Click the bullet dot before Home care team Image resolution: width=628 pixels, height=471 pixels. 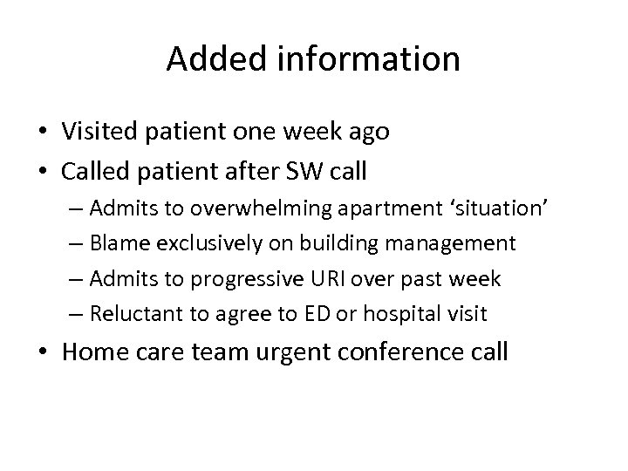coord(45,353)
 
